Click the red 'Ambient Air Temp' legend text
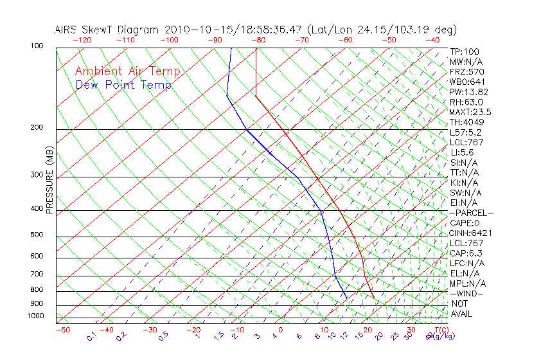click(127, 72)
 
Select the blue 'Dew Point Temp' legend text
click(123, 85)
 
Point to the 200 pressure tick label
click(37, 128)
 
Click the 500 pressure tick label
click(37, 235)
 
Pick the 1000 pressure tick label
click(35, 316)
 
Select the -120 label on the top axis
click(82, 40)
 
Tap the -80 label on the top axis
click(258, 40)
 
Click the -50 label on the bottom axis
click(62, 330)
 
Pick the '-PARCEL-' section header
click(471, 213)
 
